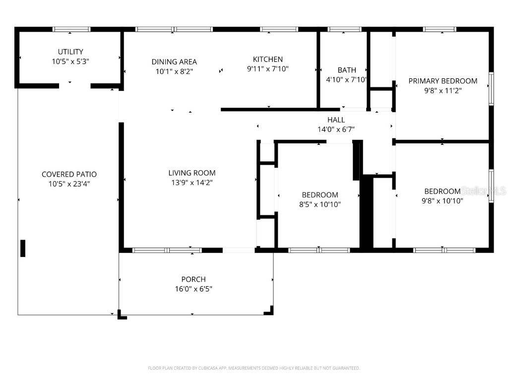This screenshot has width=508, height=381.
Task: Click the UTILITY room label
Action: click(x=70, y=52)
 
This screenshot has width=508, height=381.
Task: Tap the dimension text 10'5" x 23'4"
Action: click(x=69, y=184)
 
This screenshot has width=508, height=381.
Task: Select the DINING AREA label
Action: click(x=174, y=62)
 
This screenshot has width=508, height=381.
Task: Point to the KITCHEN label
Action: click(x=268, y=60)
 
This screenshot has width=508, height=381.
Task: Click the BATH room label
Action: click(x=347, y=70)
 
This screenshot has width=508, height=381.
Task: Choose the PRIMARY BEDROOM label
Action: click(x=443, y=81)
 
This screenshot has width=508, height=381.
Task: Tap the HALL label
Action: click(x=336, y=120)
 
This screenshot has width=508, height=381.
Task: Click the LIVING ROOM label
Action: click(x=192, y=173)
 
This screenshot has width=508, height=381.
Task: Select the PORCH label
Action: click(x=193, y=279)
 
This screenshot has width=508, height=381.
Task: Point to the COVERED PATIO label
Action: click(x=69, y=174)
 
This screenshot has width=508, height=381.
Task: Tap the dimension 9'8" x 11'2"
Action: click(x=443, y=91)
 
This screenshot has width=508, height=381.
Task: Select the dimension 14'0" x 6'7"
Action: click(x=336, y=129)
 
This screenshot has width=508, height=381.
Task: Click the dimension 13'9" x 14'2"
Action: click(x=192, y=183)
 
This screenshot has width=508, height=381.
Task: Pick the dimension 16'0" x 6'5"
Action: click(x=193, y=289)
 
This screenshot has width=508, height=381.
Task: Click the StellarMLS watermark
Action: click(x=483, y=191)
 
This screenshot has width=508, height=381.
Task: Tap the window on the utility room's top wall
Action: click(x=72, y=29)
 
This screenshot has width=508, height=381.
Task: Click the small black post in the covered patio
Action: click(x=23, y=248)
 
